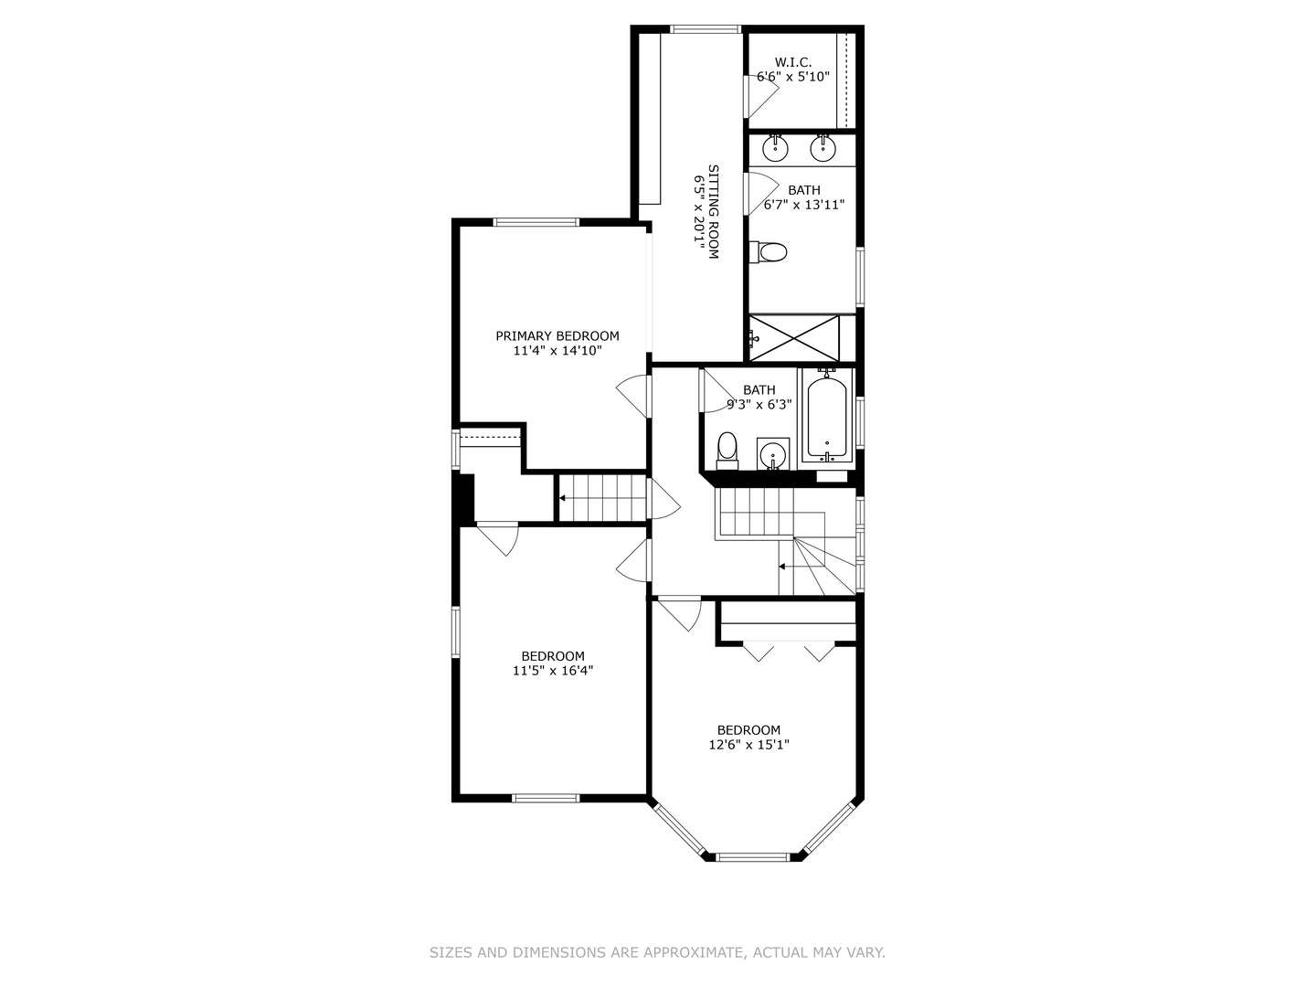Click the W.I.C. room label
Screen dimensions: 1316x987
pyautogui.click(x=792, y=62)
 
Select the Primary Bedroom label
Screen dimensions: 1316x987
pyautogui.click(x=557, y=336)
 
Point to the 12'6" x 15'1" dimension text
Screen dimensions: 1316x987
pyautogui.click(x=748, y=745)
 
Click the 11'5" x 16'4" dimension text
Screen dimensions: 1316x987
pyautogui.click(x=552, y=671)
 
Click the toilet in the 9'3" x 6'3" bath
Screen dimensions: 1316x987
pyautogui.click(x=727, y=451)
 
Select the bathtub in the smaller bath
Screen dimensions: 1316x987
pyautogui.click(x=827, y=416)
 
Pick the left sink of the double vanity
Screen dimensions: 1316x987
pyautogui.click(x=775, y=149)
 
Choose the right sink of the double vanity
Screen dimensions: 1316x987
pyautogui.click(x=822, y=149)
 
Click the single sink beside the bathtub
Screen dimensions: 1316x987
pyautogui.click(x=773, y=454)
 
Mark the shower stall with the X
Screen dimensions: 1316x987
pyautogui.click(x=794, y=338)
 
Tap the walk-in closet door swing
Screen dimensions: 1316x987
pyautogui.click(x=761, y=96)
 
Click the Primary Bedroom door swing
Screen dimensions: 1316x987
pyautogui.click(x=633, y=396)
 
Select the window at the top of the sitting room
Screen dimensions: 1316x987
pyautogui.click(x=706, y=28)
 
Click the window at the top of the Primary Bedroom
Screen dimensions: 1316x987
pyautogui.click(x=536, y=222)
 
